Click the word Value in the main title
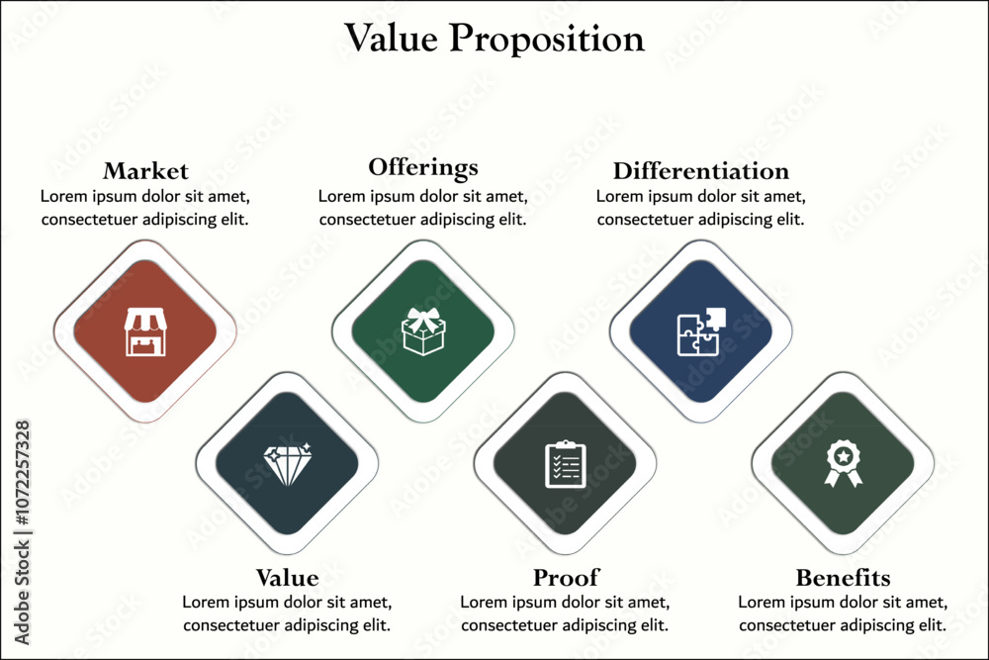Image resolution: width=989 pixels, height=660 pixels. pos(391,38)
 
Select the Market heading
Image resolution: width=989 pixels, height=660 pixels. pos(145,171)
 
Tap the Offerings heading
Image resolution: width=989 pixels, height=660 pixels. pos(423,168)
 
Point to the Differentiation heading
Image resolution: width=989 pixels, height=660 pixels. pos(701,171)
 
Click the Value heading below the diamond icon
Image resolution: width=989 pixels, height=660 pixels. pos(287,577)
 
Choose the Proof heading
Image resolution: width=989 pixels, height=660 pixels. pos(566,577)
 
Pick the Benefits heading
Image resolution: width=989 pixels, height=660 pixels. pos(843,577)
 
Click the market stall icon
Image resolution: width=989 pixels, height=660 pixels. pos(145,331)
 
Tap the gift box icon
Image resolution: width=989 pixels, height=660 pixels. pos(423,331)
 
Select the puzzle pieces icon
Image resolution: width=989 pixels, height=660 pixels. pos(701,331)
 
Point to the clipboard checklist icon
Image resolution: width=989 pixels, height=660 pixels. pos(565,464)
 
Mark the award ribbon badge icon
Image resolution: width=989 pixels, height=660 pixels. pos(844,464)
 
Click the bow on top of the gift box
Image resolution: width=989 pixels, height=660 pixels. pos(423,319)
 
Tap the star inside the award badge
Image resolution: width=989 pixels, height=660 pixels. pos(844,455)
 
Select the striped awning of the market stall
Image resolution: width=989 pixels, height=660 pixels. pos(145,320)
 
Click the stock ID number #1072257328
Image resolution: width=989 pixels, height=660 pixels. pos(22,473)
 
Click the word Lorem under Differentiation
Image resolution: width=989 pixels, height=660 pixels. pos(617,196)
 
